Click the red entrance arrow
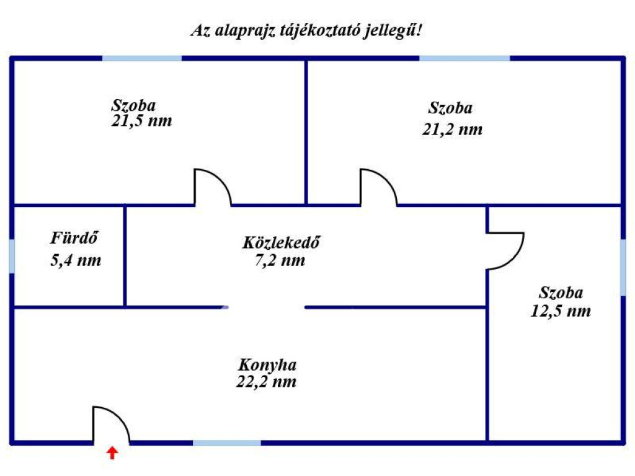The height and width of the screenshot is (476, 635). point(112,453)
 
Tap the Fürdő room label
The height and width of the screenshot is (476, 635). point(74,237)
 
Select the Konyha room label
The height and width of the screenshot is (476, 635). point(267,365)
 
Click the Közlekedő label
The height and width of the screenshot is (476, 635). point(281,242)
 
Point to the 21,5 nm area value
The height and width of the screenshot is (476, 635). point(141,121)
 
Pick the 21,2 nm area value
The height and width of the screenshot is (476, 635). point(452,130)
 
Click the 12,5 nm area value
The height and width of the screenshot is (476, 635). point(561,311)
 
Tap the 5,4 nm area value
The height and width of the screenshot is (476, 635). point(76,260)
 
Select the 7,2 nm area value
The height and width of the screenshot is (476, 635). point(280,260)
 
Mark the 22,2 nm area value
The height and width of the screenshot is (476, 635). point(266,381)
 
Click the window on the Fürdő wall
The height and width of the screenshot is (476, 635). point(12,256)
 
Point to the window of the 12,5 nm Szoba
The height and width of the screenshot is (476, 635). point(623,267)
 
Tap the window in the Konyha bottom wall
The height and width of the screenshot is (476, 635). point(227,443)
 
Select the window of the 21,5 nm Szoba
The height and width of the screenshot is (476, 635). point(142,58)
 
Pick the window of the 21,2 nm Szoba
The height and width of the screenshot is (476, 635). point(464,58)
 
